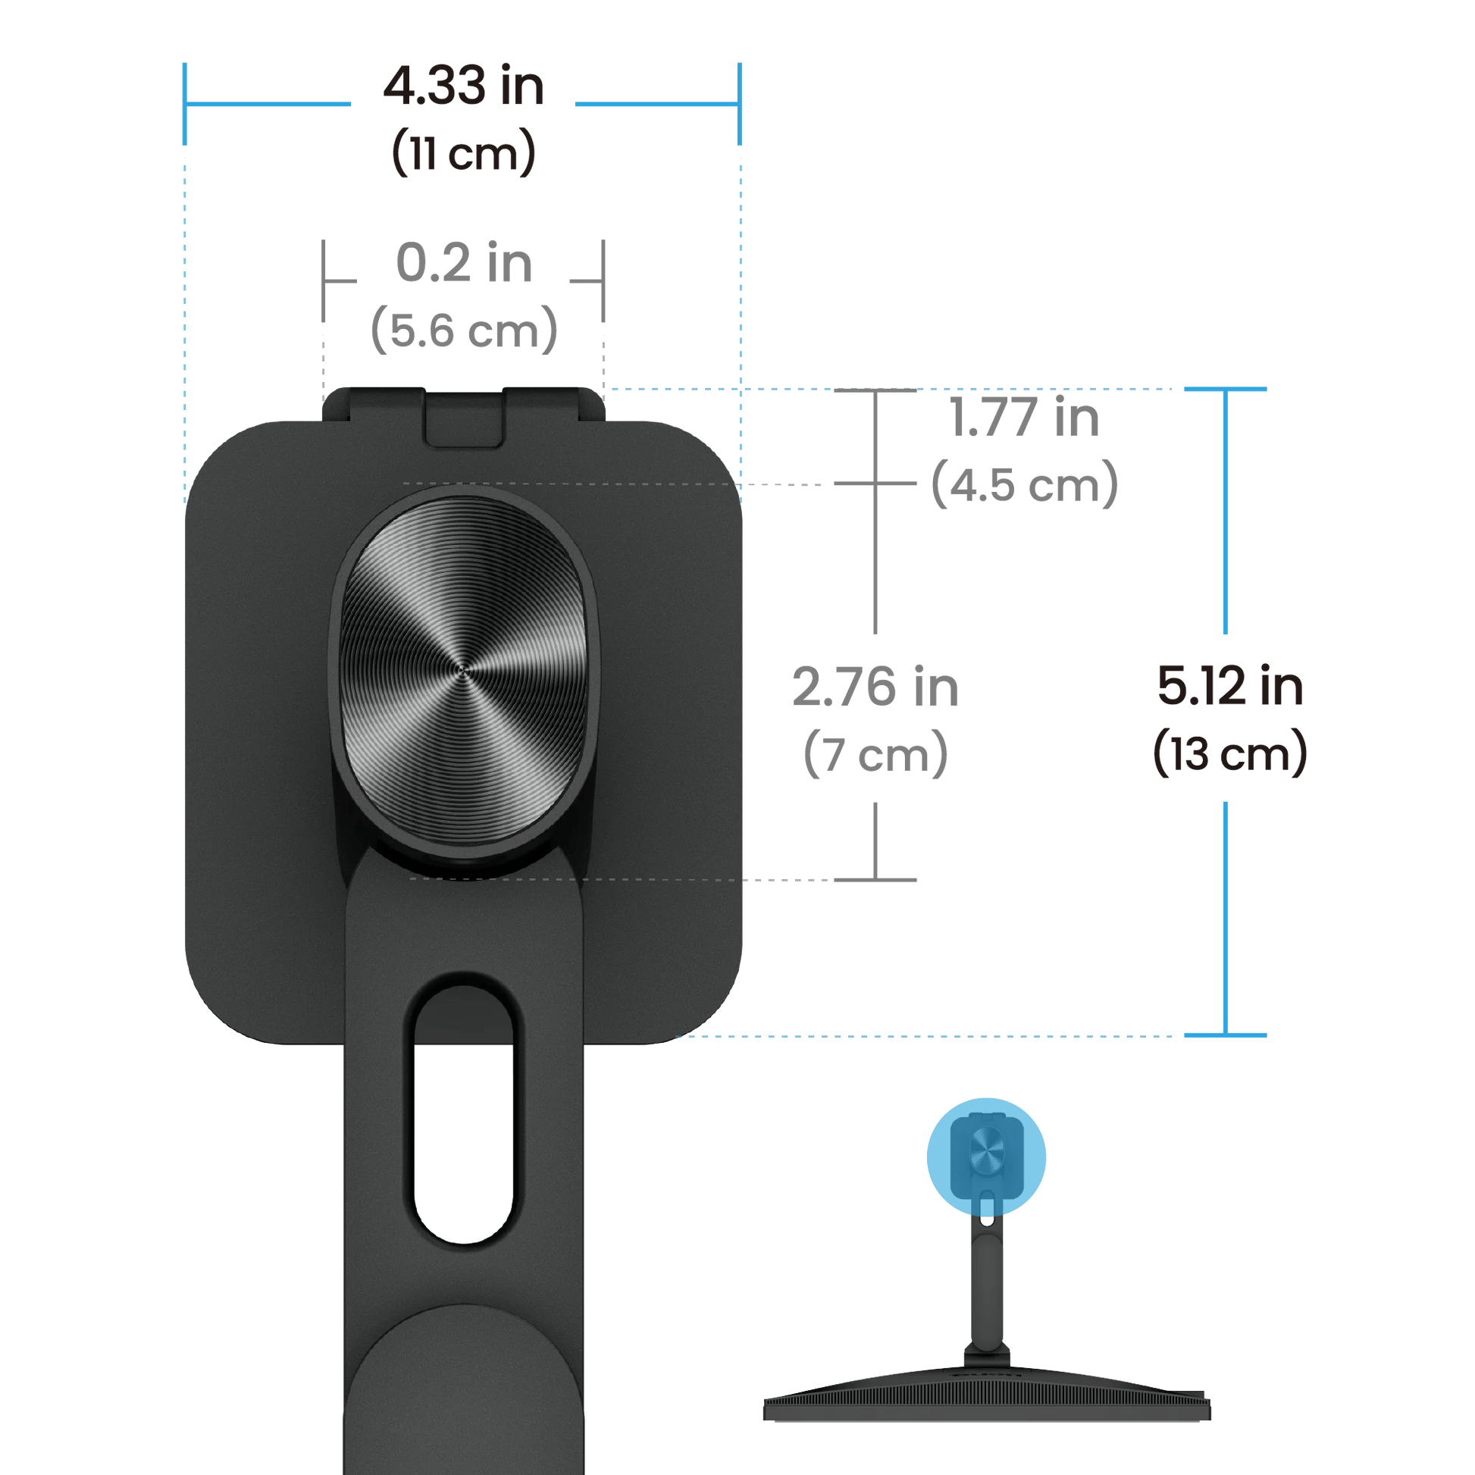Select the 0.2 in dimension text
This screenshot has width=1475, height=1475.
coord(463,264)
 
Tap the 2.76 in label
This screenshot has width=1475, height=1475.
coord(875,687)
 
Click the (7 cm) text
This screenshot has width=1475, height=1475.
coord(875,753)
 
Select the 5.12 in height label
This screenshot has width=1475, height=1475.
coord(1229,687)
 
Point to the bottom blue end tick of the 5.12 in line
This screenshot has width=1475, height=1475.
coord(1226,1035)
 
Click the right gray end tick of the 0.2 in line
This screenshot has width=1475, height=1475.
coord(603,281)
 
